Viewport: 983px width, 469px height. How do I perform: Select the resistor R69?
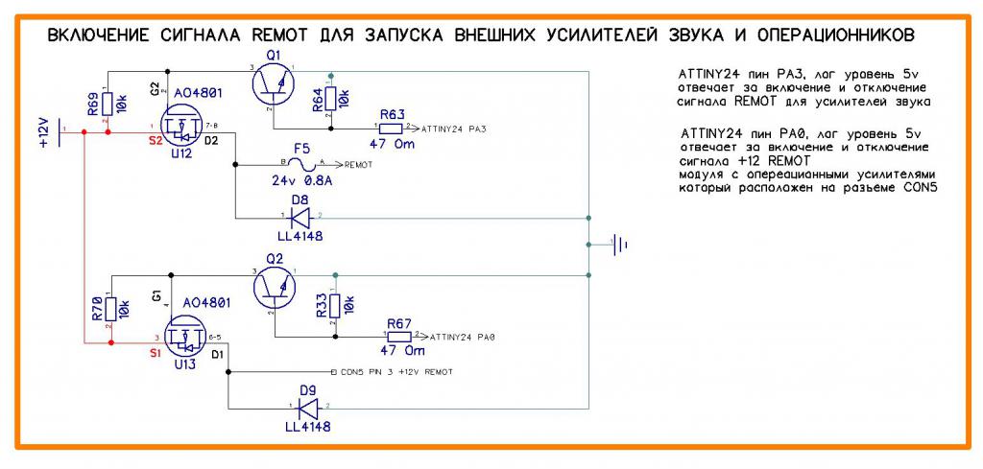(x=108, y=102)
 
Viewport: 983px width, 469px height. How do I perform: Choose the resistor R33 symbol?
(x=333, y=306)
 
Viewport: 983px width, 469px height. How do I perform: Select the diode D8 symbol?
(x=300, y=216)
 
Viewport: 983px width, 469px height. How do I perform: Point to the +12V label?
(x=43, y=131)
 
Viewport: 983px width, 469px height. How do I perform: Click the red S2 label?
(x=155, y=141)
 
